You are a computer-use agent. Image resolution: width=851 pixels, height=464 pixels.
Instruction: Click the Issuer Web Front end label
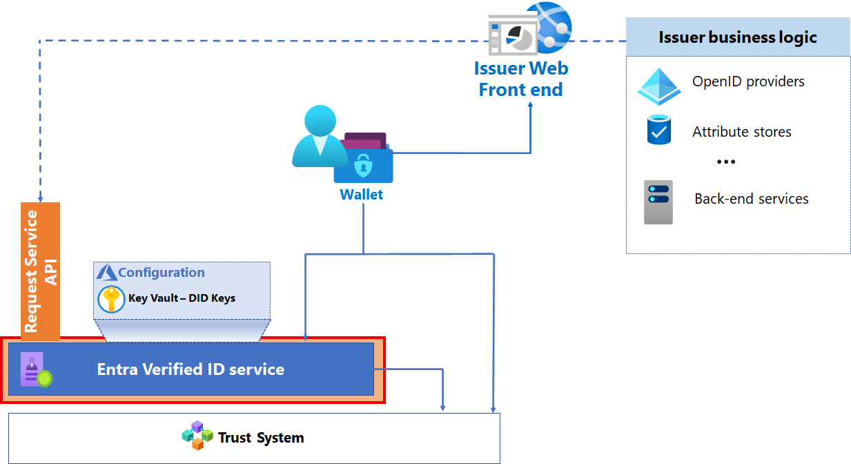click(520, 79)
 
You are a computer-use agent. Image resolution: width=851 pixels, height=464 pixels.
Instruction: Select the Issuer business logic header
click(738, 37)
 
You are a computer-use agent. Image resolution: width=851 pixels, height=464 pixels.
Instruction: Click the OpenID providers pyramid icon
click(658, 86)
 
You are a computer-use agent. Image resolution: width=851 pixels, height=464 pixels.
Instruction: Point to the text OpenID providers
click(748, 81)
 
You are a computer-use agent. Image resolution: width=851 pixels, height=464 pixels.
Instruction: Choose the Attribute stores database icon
click(659, 130)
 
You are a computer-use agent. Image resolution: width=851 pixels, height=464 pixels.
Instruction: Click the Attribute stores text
click(741, 132)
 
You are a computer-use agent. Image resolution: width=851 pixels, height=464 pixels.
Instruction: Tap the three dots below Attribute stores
click(725, 162)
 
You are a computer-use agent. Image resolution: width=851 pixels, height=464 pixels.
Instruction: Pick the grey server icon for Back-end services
click(658, 202)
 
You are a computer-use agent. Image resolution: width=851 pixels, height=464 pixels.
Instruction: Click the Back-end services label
click(751, 199)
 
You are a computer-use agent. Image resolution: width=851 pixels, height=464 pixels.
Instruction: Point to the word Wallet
click(361, 195)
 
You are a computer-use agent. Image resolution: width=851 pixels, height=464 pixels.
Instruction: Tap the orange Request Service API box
click(41, 271)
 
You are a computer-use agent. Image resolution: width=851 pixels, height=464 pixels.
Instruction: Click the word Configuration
click(161, 273)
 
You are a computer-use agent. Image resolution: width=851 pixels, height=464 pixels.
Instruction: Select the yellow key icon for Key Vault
click(111, 299)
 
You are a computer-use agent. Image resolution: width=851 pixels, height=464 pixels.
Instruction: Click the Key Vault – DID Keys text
click(182, 298)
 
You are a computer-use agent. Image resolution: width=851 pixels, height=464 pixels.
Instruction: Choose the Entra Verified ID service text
click(190, 369)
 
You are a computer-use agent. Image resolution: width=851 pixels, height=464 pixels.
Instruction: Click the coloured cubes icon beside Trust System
click(196, 436)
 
